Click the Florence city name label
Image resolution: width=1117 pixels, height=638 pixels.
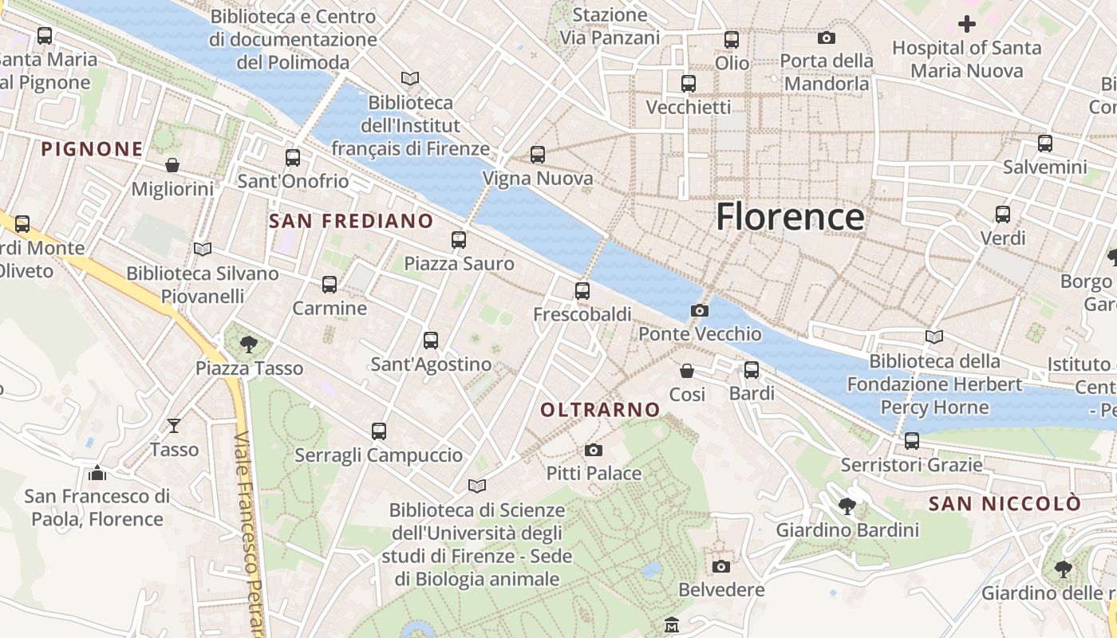(x=790, y=217)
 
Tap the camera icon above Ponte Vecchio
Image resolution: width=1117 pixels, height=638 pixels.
(x=700, y=310)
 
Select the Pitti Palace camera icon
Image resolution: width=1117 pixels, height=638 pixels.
(x=593, y=451)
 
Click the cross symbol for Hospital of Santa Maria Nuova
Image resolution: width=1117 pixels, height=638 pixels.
(x=967, y=24)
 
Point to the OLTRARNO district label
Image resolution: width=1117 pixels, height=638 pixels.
(x=600, y=410)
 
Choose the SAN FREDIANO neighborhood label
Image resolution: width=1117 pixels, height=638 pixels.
(x=351, y=221)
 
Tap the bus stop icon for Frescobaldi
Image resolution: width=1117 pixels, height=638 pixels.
(x=582, y=291)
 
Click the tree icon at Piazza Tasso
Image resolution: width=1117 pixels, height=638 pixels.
(x=249, y=345)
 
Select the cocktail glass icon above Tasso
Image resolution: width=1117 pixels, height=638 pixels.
(x=174, y=426)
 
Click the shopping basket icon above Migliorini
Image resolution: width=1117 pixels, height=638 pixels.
(x=172, y=165)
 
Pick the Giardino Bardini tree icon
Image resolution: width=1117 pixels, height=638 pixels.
(x=847, y=506)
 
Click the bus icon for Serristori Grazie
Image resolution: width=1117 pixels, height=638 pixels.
(x=911, y=440)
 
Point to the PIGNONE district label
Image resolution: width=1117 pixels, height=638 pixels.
(x=92, y=149)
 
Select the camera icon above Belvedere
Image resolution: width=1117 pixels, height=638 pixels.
(x=721, y=566)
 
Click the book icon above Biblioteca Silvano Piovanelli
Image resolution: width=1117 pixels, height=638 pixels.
(x=203, y=250)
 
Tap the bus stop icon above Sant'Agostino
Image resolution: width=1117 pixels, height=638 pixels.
(x=431, y=341)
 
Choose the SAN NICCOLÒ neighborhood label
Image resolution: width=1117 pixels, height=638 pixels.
(x=1005, y=504)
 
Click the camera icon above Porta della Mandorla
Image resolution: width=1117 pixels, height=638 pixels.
(x=827, y=37)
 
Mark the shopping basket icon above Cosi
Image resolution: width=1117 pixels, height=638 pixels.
(x=687, y=371)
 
